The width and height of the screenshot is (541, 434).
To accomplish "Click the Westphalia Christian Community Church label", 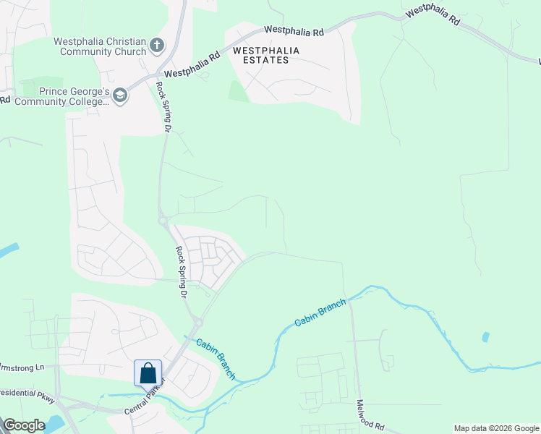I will [x=100, y=47].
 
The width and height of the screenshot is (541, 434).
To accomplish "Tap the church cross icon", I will [x=157, y=47].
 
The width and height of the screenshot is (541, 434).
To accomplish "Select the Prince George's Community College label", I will [x=74, y=96].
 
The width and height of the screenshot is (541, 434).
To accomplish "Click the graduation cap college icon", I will [x=120, y=95].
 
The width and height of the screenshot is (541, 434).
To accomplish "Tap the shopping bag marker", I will [x=148, y=373].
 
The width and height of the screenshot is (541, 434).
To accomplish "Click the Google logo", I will [x=24, y=425].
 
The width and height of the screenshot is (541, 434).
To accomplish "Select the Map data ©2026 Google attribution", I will [x=496, y=428].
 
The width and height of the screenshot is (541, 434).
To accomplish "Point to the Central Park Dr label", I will [x=145, y=396].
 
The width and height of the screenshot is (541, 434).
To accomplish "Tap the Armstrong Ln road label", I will [x=22, y=367].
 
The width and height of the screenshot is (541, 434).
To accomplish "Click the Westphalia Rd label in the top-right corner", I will [x=433, y=16].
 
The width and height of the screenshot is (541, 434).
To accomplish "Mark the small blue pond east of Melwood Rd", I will [x=485, y=337].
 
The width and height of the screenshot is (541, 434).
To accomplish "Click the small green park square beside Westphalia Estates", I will [x=239, y=91].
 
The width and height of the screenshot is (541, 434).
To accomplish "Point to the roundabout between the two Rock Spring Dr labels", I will [x=164, y=220].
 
